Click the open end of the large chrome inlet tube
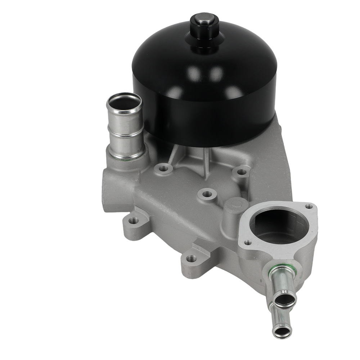tap(125, 103)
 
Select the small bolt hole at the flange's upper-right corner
tap(309, 207)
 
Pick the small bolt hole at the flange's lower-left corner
tap(247, 243)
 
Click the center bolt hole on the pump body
tap(207, 194)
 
